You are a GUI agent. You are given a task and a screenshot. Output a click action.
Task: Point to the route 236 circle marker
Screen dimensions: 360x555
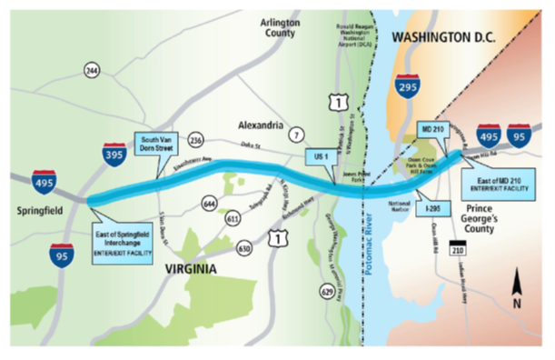point(195,141)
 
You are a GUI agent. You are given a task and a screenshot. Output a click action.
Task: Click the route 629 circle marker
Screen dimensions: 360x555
point(327,291)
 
